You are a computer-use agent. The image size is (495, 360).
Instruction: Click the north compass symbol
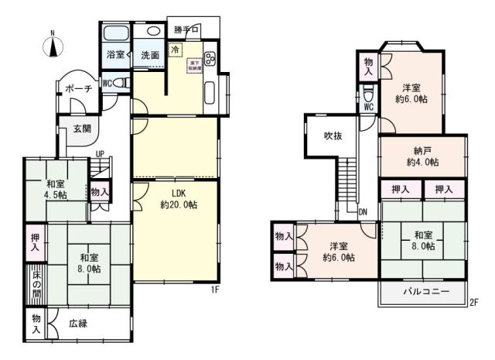pos(53,44)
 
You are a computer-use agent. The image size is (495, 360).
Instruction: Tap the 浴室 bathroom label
pos(114,56)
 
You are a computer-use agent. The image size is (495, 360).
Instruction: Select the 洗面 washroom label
pos(150,56)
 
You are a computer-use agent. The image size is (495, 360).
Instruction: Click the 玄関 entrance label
pos(83,129)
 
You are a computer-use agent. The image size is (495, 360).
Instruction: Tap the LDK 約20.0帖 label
pos(178,199)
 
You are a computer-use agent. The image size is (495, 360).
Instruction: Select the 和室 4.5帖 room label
pos(55,190)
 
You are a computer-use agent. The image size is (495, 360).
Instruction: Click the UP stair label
pos(100,154)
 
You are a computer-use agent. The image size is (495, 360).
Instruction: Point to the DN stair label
pos(362,212)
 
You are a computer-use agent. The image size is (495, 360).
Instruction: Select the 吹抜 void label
pos(333,136)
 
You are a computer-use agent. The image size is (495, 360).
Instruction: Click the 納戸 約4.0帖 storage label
pos(422,156)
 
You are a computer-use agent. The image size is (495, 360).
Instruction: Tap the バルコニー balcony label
pos(425,292)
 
